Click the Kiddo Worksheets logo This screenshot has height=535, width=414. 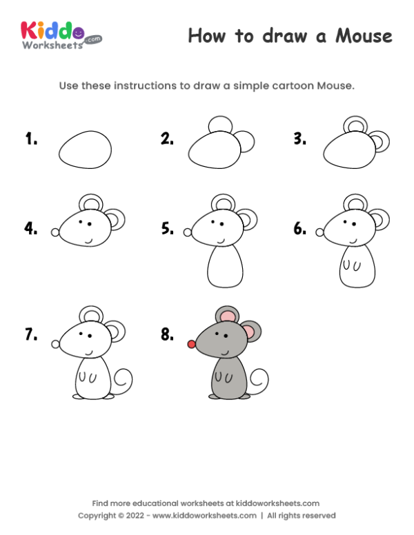pos(61,34)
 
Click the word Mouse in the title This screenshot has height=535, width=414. pos(364,36)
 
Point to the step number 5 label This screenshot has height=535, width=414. pos(168,228)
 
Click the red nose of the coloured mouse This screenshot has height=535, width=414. pos(191,343)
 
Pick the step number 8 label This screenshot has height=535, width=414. pos(168,334)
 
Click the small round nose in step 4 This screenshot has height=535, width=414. pos(55,233)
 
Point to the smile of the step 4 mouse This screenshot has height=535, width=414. pos(88,239)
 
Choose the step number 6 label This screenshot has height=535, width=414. pos(300,228)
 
